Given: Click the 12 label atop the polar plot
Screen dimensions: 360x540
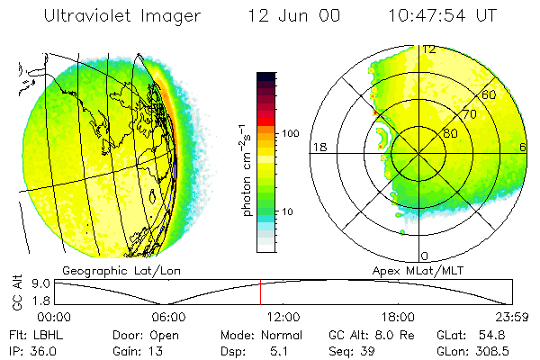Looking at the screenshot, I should [429, 49].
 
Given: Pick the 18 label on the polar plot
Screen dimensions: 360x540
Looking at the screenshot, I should [318, 147].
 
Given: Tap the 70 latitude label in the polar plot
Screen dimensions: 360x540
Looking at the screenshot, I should [470, 114].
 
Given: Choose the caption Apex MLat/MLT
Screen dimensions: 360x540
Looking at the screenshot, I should [411, 270].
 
